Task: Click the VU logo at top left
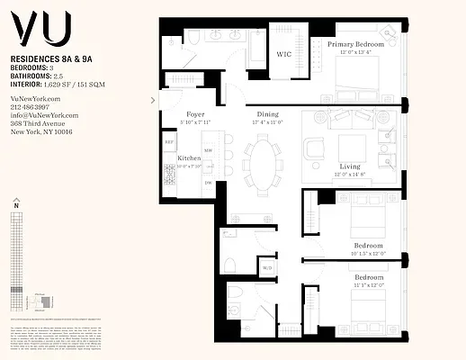(x=40, y=31)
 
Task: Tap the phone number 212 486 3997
(x=30, y=106)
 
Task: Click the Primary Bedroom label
(x=355, y=43)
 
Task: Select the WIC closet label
(x=284, y=54)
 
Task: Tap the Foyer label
(x=194, y=114)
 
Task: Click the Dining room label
(x=268, y=114)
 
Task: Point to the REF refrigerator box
(x=168, y=142)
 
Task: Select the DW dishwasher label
(x=208, y=183)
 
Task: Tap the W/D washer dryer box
(x=266, y=267)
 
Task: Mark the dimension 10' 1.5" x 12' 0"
(x=368, y=253)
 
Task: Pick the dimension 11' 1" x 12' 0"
(x=368, y=284)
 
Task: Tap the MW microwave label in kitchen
(x=208, y=150)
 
